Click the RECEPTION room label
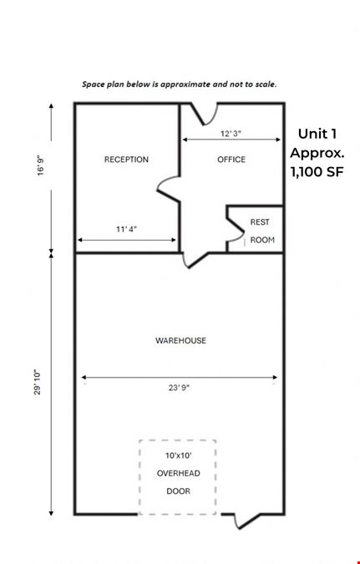[x=126, y=160]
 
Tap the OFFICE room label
[x=231, y=160]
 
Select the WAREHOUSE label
[x=180, y=341]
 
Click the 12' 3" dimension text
[x=231, y=134]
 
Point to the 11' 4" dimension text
[x=127, y=229]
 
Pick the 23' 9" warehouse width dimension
[x=179, y=388]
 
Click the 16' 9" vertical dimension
[x=41, y=165]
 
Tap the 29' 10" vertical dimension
[x=38, y=382]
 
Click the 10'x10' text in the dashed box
[x=179, y=455]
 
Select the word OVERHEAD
[x=179, y=474]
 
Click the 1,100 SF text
[x=317, y=171]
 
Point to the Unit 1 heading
[x=317, y=134]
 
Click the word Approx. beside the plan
[x=317, y=153]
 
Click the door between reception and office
[x=169, y=189]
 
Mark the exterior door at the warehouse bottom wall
[x=247, y=521]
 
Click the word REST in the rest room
[x=260, y=222]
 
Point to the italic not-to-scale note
[x=179, y=84]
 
